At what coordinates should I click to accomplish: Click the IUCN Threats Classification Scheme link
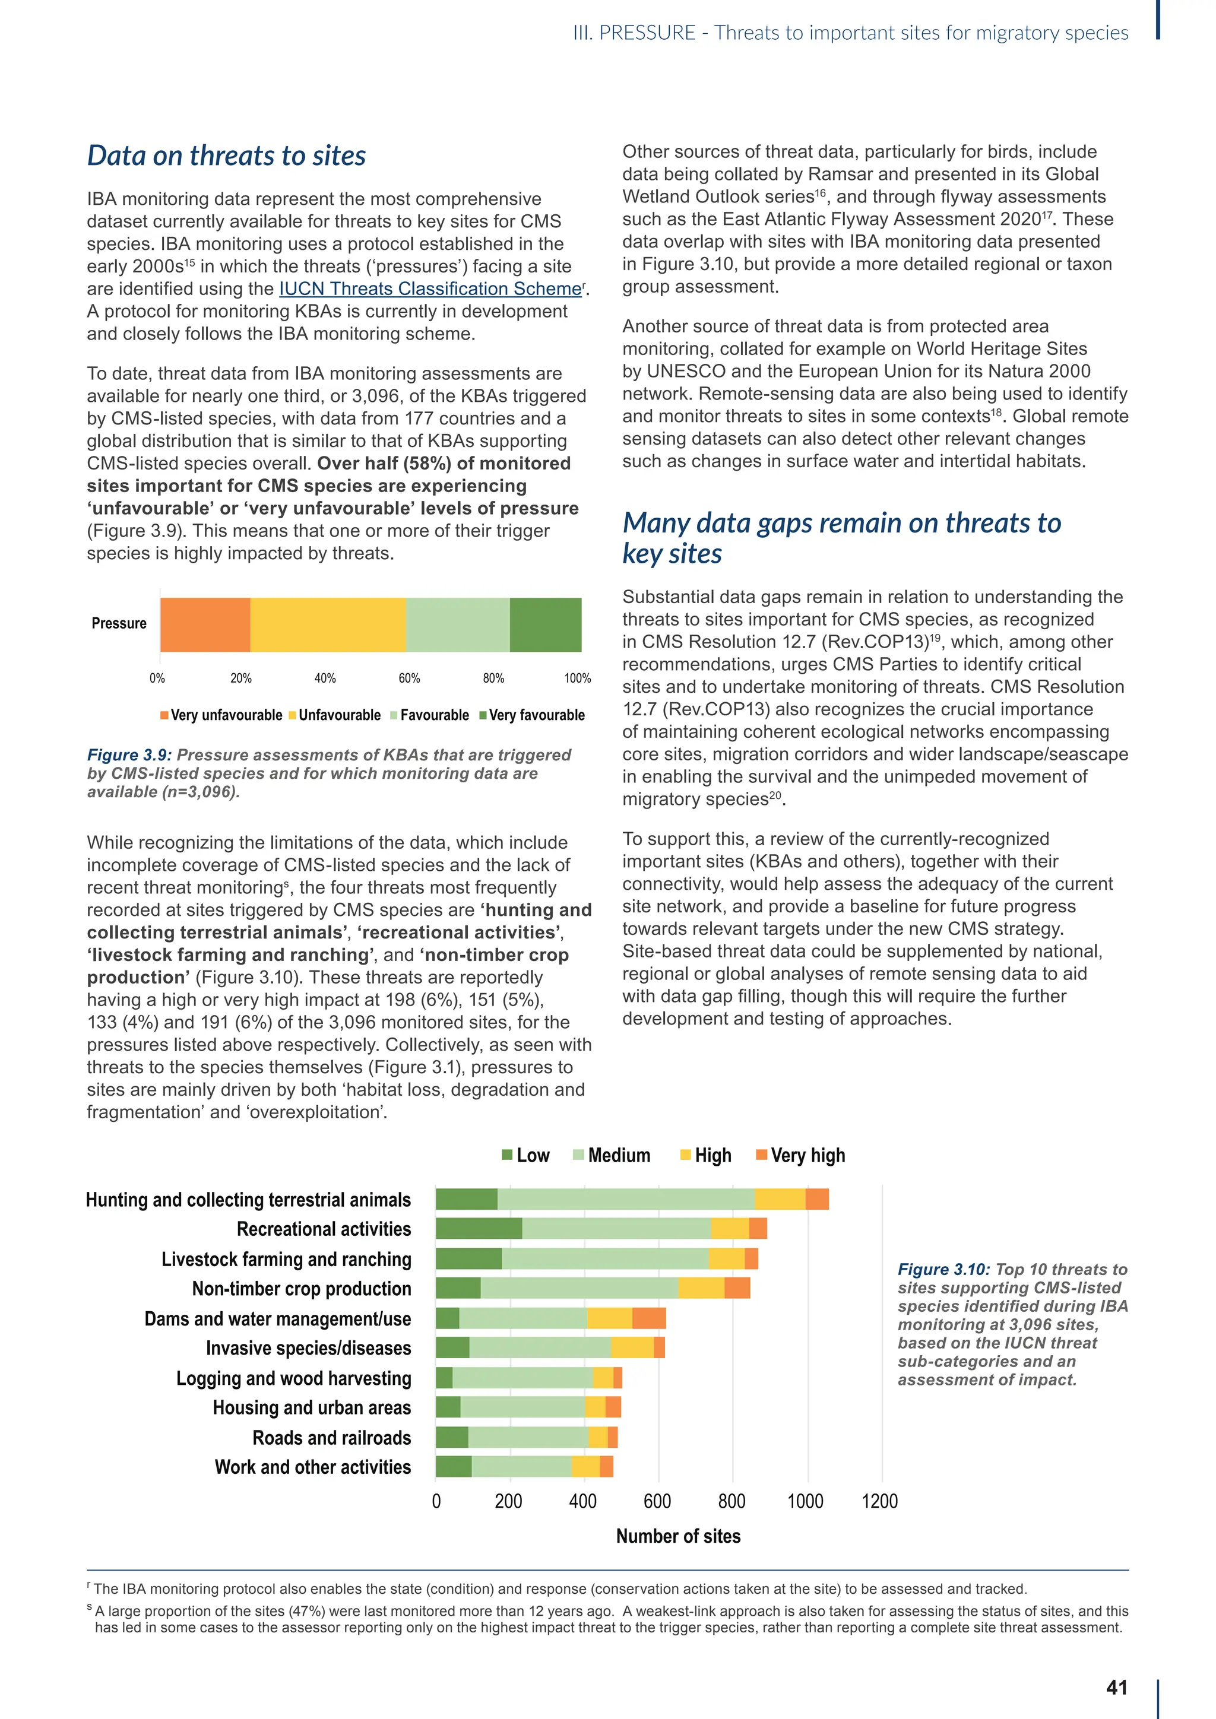click(430, 289)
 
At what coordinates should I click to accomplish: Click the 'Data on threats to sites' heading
click(226, 156)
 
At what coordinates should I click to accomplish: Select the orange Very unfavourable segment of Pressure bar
click(205, 624)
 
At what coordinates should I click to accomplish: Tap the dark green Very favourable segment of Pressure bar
click(545, 624)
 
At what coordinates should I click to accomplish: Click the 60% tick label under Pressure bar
click(409, 678)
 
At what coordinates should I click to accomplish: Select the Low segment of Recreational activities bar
click(479, 1229)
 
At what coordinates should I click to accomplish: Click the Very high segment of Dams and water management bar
click(648, 1318)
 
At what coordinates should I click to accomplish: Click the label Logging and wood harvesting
click(293, 1378)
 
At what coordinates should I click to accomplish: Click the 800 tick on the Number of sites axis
click(731, 1501)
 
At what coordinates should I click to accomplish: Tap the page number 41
click(1116, 1688)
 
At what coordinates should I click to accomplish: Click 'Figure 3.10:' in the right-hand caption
click(943, 1270)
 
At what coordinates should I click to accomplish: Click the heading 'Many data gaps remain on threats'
click(841, 522)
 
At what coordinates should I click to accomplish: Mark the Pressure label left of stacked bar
click(119, 624)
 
